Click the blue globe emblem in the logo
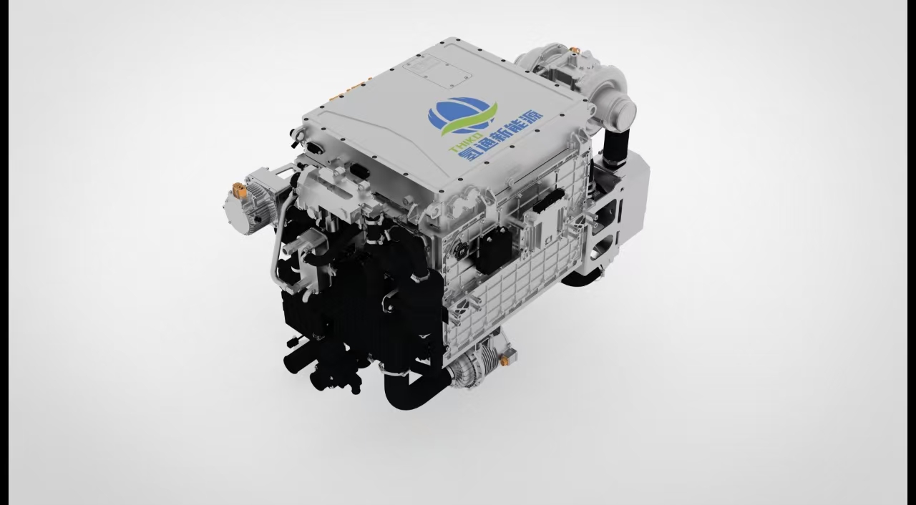click(458, 115)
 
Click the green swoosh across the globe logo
click(470, 122)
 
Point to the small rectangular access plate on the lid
click(437, 73)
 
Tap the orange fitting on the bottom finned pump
click(504, 361)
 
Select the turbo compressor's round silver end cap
click(623, 110)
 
